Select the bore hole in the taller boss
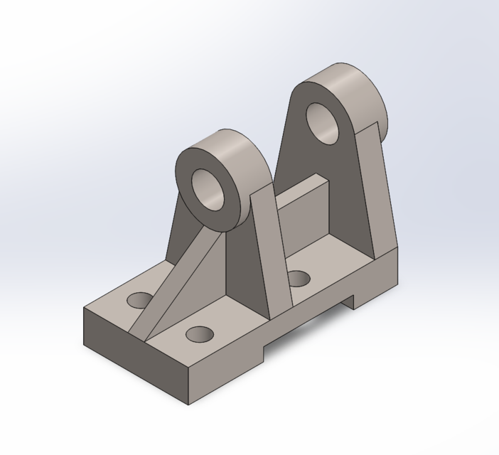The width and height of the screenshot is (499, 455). tap(323, 124)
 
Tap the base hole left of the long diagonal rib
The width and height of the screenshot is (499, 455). tap(140, 300)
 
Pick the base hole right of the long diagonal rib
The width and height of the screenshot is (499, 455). tap(200, 333)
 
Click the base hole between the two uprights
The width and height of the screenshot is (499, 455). tap(299, 278)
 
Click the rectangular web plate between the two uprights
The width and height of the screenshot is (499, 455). tap(304, 213)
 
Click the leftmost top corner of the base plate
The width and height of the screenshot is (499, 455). tap(84, 309)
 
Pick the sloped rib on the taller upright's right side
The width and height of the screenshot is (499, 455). tap(380, 192)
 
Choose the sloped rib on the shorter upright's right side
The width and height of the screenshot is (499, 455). tap(270, 249)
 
